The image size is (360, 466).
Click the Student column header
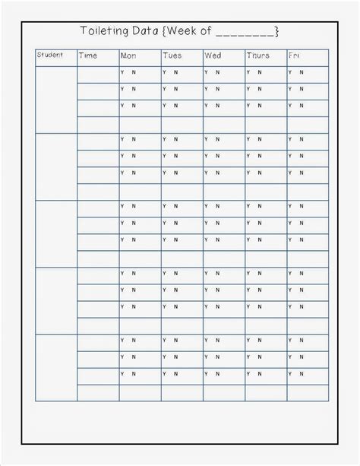[49, 55]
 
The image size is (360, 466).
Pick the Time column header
[87, 55]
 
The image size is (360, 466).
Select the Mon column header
[128, 55]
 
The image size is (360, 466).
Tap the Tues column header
[172, 55]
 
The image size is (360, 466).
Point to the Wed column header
[213, 55]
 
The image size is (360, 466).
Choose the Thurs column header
[257, 55]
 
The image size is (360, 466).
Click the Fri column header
[294, 55]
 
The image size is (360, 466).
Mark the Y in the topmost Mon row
[122, 72]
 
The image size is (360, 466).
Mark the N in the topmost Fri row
[302, 72]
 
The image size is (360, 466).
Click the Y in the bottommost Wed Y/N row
[205, 373]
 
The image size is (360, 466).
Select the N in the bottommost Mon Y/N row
[134, 373]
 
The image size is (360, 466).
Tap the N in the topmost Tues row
[175, 72]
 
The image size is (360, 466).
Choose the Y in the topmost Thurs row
[248, 72]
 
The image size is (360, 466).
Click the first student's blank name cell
[56, 99]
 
